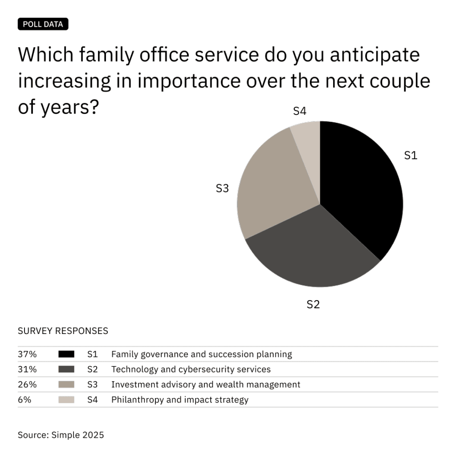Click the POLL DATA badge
click(43, 24)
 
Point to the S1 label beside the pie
click(410, 155)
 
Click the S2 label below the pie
click(313, 305)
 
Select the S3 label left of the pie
click(222, 188)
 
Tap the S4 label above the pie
click(299, 111)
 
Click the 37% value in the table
click(27, 354)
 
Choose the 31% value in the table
click(27, 370)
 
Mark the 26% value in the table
click(27, 385)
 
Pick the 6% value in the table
click(24, 400)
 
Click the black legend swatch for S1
click(66, 354)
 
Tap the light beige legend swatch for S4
click(66, 400)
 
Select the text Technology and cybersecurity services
click(191, 370)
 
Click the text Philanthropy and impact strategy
click(179, 400)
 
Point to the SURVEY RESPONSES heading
click(63, 331)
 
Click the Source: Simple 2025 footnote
click(61, 435)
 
